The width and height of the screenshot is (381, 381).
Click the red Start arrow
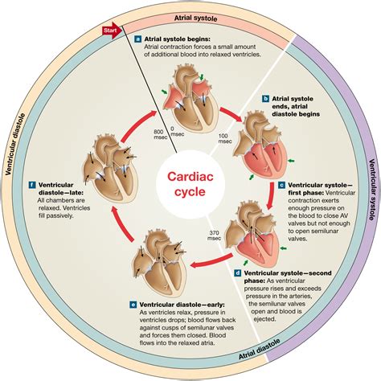click(112, 31)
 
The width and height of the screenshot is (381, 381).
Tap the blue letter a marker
click(138, 39)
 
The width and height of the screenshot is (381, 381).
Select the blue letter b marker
click(265, 99)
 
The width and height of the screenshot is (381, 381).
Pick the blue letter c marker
click(281, 185)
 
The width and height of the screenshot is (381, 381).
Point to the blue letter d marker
click(238, 273)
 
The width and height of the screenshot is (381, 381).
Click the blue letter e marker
click(133, 305)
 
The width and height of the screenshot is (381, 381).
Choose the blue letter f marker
click(32, 185)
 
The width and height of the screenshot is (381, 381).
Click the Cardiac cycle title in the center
click(190, 184)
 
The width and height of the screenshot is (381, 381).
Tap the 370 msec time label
click(214, 236)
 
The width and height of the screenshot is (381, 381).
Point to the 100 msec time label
click(225, 138)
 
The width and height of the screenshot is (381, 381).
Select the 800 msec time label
click(161, 134)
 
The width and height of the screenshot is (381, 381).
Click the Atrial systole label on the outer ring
click(195, 18)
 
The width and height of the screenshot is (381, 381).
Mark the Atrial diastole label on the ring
click(260, 349)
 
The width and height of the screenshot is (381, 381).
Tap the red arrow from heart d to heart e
click(211, 261)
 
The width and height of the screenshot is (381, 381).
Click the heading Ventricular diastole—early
click(182, 305)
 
